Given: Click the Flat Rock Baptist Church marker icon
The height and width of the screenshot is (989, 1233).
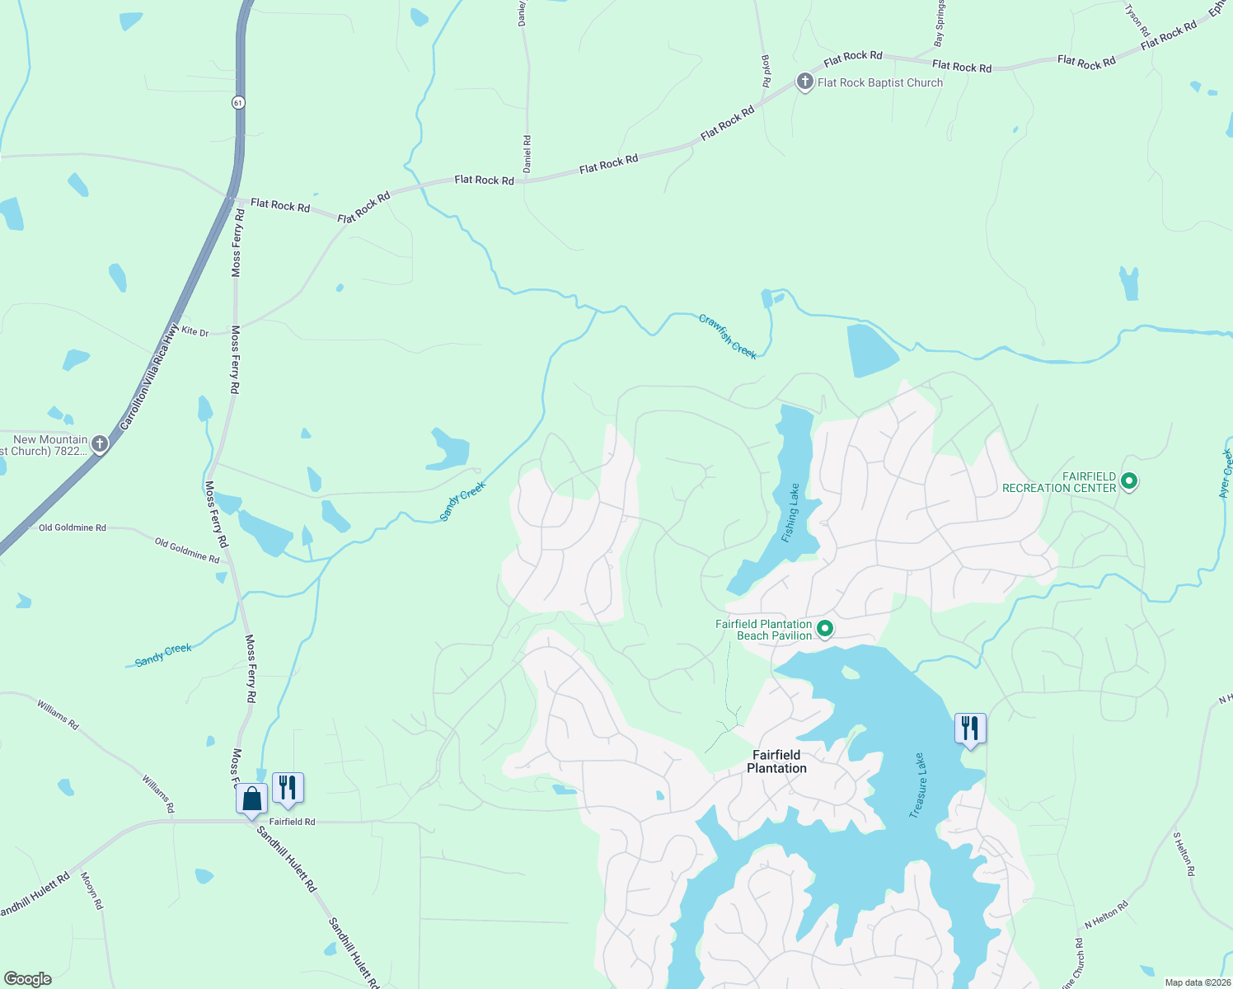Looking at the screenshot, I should click(804, 82).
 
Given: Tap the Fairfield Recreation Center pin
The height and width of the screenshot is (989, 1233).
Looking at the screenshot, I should click(1129, 481).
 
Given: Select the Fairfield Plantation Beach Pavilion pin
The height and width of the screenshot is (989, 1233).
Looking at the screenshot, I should click(824, 630).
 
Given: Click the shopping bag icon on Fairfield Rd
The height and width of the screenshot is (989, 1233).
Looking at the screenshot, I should click(251, 799).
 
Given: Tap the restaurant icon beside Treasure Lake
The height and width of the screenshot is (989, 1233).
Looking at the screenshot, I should click(970, 729).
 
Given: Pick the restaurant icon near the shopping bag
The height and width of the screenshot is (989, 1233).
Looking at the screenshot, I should click(288, 788).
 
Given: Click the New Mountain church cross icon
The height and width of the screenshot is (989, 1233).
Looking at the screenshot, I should click(99, 444).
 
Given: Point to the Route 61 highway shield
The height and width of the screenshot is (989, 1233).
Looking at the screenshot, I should click(238, 102).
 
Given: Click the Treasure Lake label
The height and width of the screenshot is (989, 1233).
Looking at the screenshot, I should click(917, 785).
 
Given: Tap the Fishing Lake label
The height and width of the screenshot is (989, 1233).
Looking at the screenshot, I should click(790, 513).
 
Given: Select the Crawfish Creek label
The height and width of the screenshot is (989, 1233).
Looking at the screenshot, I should click(728, 336).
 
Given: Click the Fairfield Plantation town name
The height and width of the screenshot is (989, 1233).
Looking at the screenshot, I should click(776, 762).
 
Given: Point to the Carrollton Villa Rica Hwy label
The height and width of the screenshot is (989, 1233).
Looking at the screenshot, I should click(149, 377).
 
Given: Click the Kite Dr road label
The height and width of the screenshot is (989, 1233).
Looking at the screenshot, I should click(195, 331).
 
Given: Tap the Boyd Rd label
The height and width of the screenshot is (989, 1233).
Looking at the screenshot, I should click(766, 71).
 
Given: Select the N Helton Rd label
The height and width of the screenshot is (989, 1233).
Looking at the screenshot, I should click(1106, 915).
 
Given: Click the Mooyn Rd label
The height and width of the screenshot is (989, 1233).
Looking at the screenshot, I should click(91, 891).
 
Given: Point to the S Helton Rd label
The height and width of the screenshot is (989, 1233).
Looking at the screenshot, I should click(1184, 854).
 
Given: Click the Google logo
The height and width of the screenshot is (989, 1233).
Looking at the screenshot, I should click(28, 979).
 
